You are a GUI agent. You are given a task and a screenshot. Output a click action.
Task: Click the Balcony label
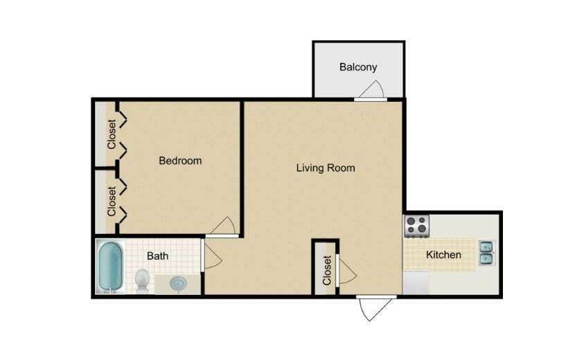tap(358, 67)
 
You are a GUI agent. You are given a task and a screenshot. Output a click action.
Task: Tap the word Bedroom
tap(180, 161)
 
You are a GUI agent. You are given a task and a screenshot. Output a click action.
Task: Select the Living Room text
tap(326, 168)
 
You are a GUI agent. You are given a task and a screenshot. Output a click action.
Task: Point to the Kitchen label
tap(443, 255)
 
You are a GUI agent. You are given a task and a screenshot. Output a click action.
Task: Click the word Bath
tap(158, 256)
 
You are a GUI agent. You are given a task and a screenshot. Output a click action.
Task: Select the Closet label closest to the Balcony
tap(112, 136)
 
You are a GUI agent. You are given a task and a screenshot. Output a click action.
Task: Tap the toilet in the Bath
tap(142, 280)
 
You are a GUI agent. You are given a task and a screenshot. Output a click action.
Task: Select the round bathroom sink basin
tap(179, 282)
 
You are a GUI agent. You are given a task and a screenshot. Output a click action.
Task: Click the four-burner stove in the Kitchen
tap(417, 225)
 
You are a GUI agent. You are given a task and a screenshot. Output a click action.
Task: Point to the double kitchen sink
tap(486, 253)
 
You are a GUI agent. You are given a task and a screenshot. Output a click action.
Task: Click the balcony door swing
tap(371, 90)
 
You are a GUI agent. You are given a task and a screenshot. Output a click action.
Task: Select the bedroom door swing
tap(224, 227)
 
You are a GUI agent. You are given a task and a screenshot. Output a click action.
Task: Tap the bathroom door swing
tap(212, 257)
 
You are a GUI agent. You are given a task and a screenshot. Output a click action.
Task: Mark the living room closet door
tap(344, 269)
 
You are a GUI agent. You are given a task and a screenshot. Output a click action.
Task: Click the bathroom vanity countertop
tap(179, 285)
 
